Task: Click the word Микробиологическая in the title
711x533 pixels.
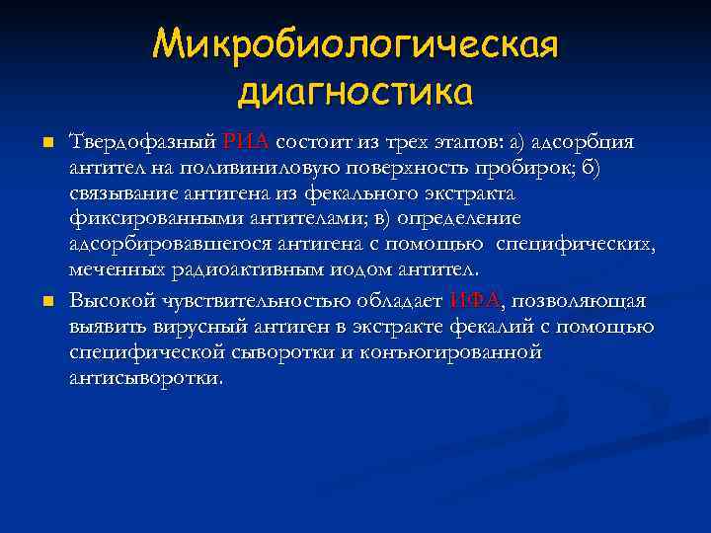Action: pos(355,44)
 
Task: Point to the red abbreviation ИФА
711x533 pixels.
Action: pos(475,301)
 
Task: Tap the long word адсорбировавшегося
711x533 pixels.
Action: pos(162,244)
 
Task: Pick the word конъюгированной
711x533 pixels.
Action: pos(465,352)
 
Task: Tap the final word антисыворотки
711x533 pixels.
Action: pos(145,378)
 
